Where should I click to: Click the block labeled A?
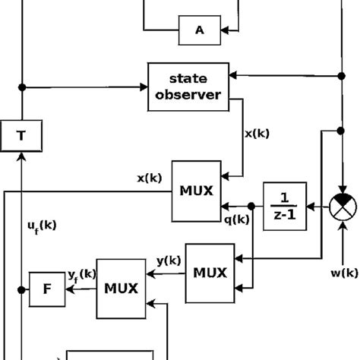point(199,30)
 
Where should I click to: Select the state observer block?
point(188,87)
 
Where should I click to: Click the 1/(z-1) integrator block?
point(285,204)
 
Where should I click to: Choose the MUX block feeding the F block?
point(120,289)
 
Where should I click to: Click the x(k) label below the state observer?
point(257,133)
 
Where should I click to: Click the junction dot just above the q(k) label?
point(251,205)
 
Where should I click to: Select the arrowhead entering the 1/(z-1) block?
point(311,205)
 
